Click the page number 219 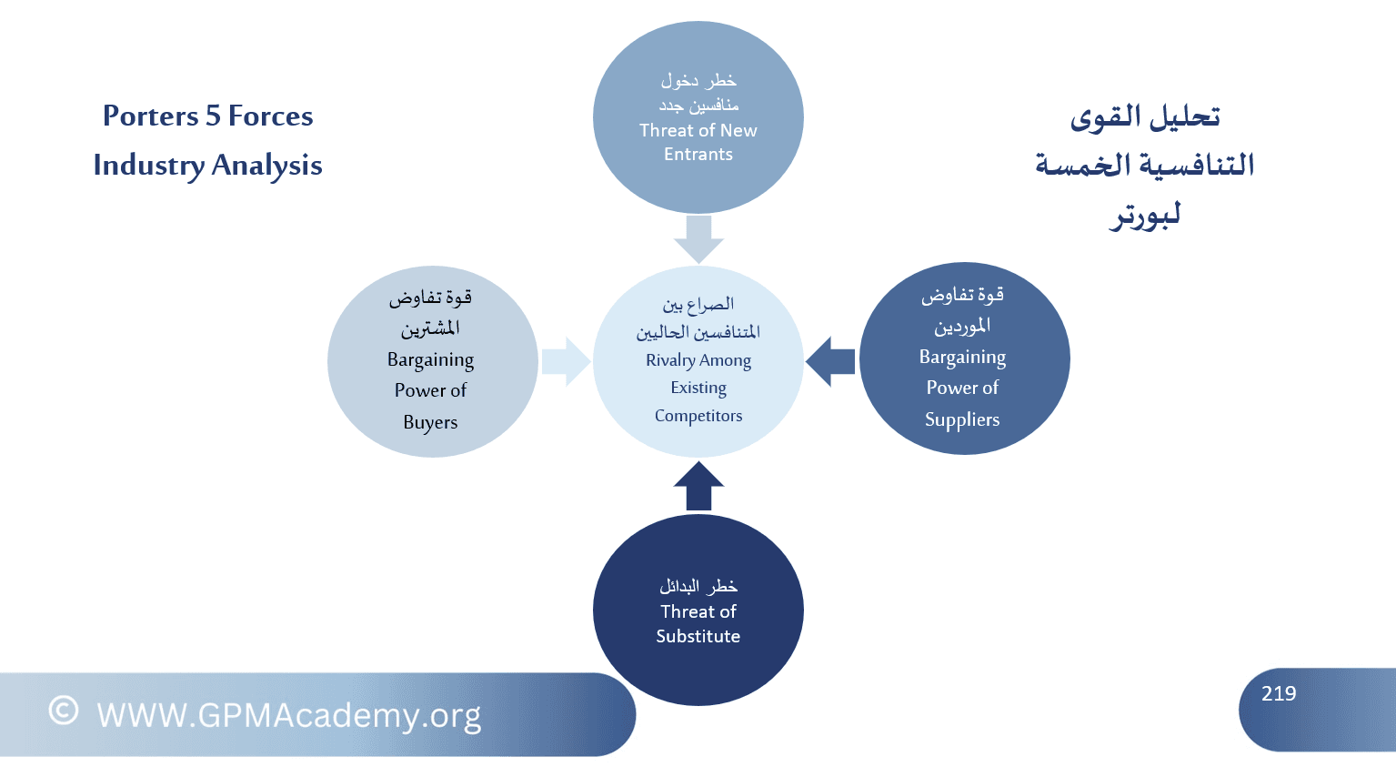[1278, 693]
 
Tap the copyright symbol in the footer [64, 711]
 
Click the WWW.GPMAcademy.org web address [289, 715]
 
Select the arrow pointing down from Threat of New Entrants [698, 239]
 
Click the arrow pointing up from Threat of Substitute [698, 486]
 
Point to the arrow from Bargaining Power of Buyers [566, 362]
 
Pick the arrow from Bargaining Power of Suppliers [830, 362]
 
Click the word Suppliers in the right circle [962, 419]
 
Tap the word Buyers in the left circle [430, 422]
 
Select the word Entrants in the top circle [698, 154]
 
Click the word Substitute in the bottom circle [698, 636]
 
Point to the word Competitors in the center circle [698, 416]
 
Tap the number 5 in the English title [213, 116]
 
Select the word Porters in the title [150, 116]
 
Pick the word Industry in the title [149, 166]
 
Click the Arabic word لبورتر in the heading [1145, 216]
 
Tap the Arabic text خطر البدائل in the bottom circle [698, 586]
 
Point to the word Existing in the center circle [698, 388]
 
